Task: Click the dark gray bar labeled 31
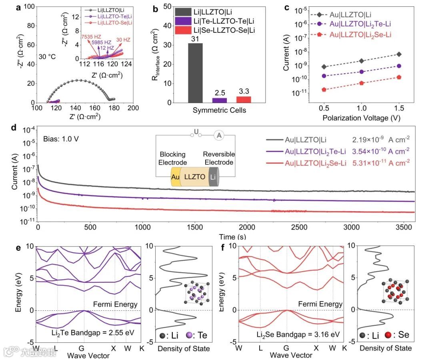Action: click(x=195, y=73)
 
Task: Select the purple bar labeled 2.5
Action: click(x=219, y=100)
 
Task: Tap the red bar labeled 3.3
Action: click(x=243, y=100)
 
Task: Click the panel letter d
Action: click(x=14, y=128)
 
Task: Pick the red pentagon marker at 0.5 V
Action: click(x=324, y=90)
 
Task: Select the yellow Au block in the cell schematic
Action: click(x=174, y=176)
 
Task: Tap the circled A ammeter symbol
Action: click(x=218, y=136)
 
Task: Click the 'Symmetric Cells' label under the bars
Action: click(x=219, y=110)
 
